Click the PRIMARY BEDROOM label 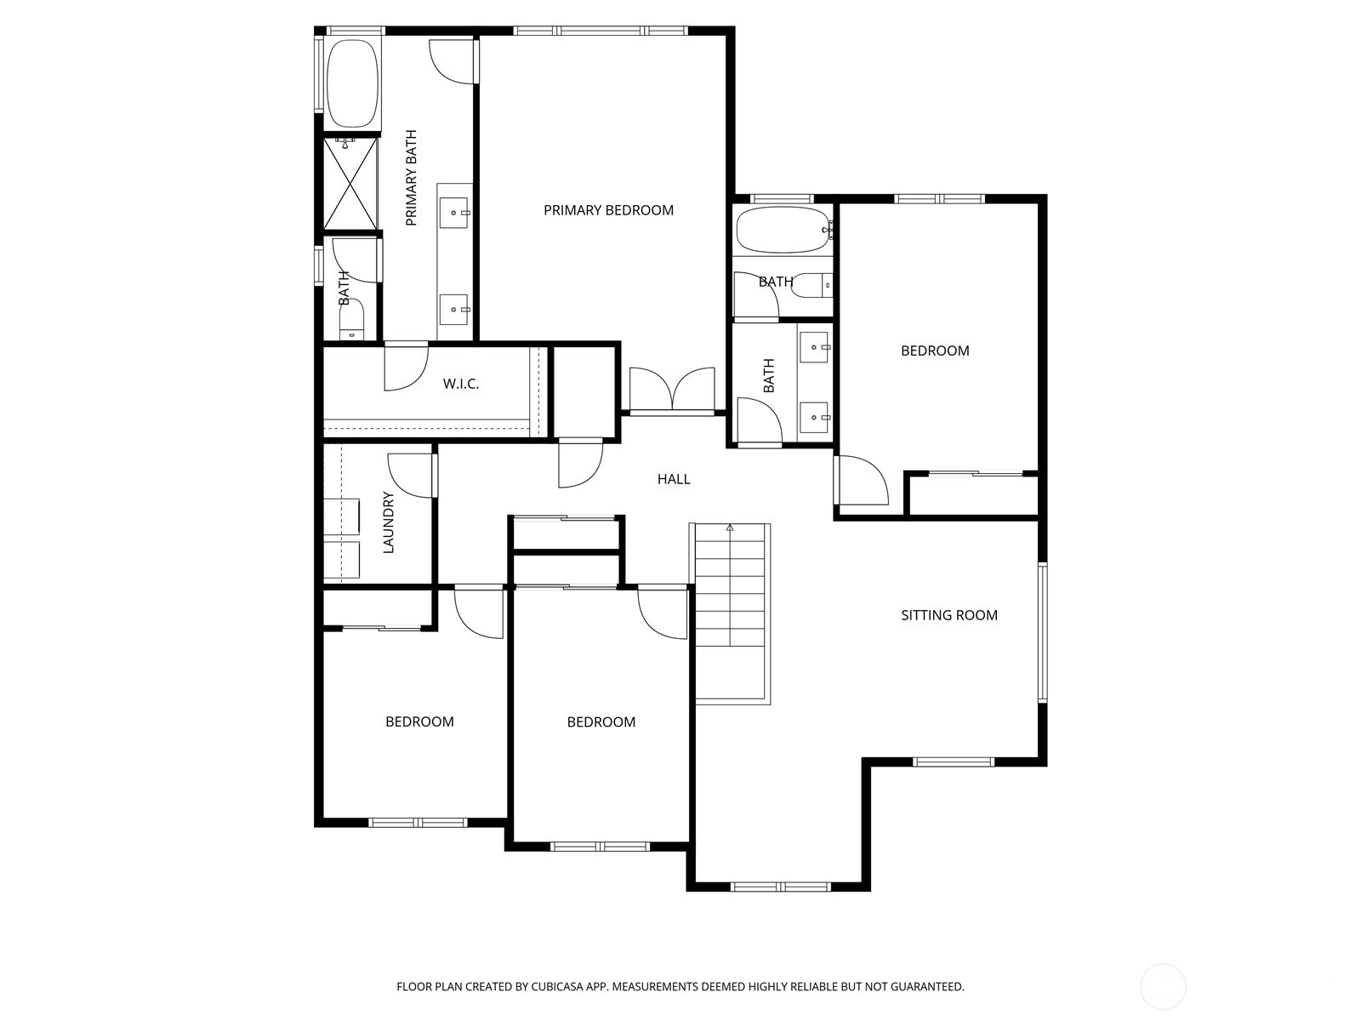(608, 210)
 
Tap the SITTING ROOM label (949, 615)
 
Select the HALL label (673, 479)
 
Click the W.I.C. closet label (461, 384)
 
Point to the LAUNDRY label (389, 522)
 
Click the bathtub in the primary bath (352, 83)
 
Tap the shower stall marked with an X (350, 184)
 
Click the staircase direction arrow (730, 528)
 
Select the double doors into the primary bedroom (672, 390)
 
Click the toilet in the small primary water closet (351, 319)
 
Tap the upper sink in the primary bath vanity (457, 209)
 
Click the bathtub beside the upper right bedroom (783, 230)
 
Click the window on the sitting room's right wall (1042, 631)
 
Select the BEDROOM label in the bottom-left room (419, 722)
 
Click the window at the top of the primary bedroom (601, 31)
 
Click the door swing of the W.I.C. (406, 368)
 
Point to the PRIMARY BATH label (411, 178)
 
